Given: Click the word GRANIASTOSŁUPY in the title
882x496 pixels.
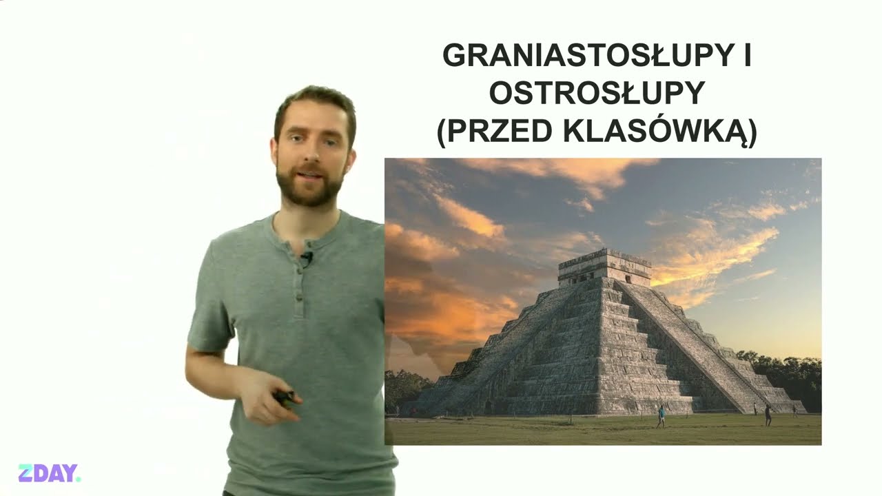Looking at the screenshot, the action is coord(587,56).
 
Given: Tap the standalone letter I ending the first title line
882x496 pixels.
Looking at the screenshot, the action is coord(748,56).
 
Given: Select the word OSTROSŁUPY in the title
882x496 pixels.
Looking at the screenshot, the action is coord(597,93).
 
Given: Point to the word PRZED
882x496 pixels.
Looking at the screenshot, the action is coord(500,131).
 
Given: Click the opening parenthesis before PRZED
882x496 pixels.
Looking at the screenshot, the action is coord(442,133).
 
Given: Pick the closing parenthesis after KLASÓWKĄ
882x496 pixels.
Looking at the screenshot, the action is coord(752,133).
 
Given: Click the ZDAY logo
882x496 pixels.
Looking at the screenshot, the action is coord(50,473).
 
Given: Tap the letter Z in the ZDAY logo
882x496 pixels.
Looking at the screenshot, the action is coord(25,473).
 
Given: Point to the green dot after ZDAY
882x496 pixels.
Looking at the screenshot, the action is coord(79,479).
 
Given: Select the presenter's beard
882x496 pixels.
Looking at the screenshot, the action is coord(310,185).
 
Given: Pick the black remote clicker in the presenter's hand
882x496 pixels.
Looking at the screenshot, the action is coord(285,396).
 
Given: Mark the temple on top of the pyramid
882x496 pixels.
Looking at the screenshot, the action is coord(604,268).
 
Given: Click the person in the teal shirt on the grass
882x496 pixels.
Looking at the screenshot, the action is coord(661,417).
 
